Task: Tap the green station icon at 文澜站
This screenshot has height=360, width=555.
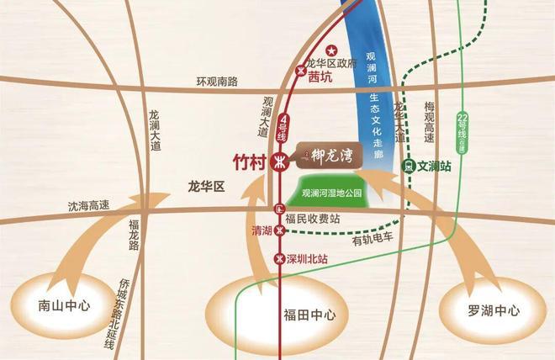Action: point(409,167)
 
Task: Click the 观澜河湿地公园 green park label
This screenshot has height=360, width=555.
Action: point(330,193)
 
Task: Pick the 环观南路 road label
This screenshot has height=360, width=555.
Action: point(217,82)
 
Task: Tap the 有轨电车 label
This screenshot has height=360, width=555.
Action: point(373,240)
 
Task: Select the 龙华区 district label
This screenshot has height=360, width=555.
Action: point(207,187)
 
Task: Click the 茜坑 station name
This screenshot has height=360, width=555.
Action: point(320,76)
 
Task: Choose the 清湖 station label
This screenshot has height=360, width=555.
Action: point(262,229)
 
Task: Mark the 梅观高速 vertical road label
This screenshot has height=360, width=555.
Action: point(429,123)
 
